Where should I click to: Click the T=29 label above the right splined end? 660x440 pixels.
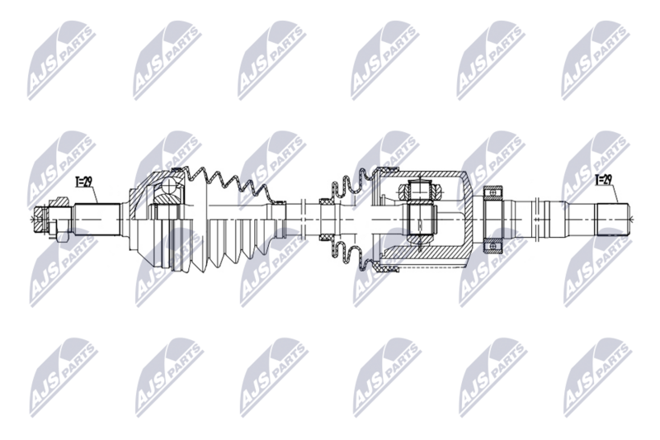tap(604, 177)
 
